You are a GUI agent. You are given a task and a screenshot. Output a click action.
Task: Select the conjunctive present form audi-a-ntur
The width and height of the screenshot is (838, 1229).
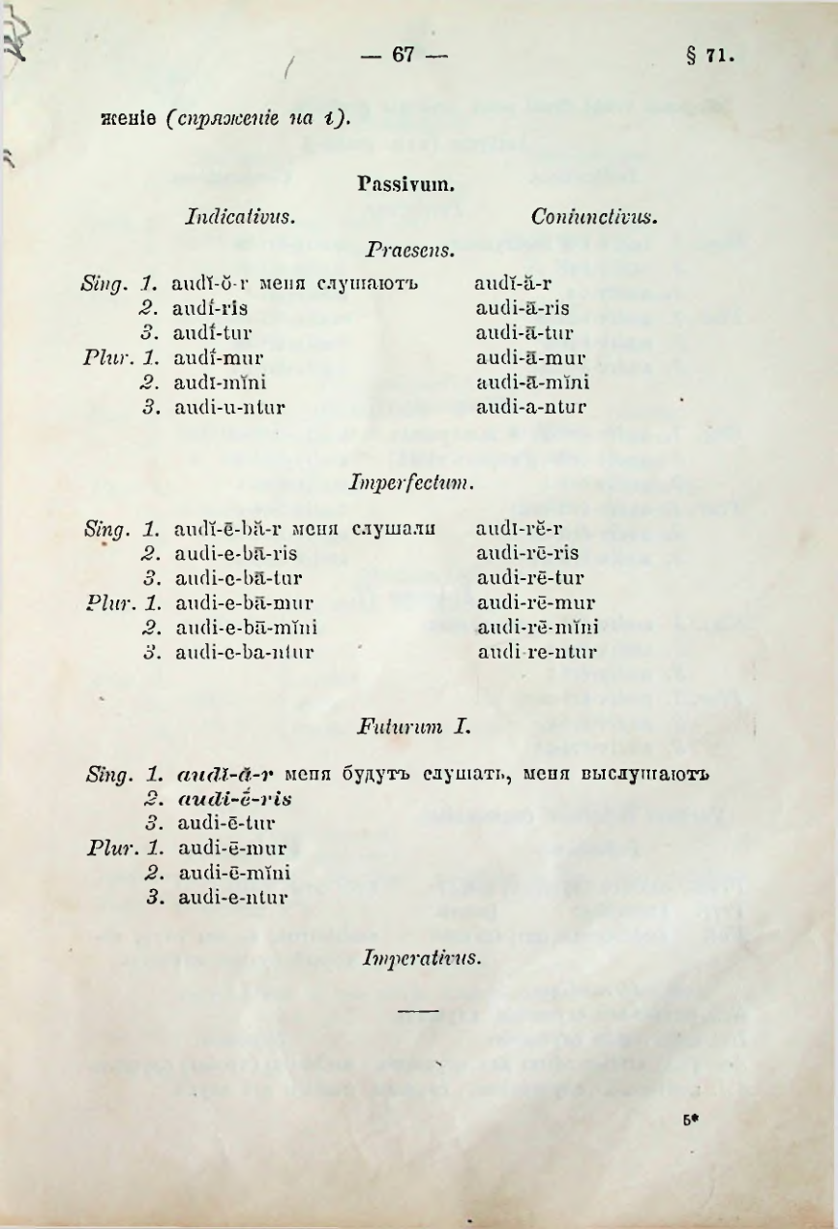[530, 408]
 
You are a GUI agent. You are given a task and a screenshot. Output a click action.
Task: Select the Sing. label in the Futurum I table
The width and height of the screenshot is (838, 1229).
[107, 775]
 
